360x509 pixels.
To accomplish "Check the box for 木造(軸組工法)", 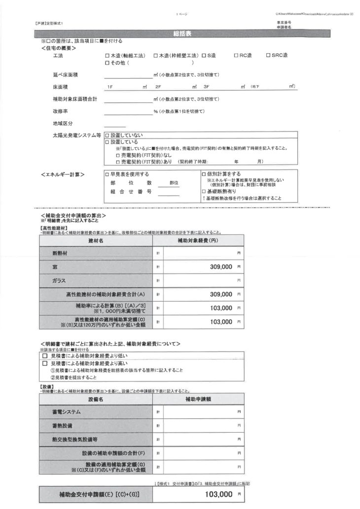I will tap(108, 56).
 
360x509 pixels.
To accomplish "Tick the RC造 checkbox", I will tap(236, 56).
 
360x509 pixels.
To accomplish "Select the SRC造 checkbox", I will tap(268, 56).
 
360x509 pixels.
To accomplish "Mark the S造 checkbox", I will tap(203, 56).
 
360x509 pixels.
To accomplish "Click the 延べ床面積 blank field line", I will tap(128, 75).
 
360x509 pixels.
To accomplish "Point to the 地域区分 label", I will tap(63, 123).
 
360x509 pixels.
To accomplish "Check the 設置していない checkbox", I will tap(108, 135).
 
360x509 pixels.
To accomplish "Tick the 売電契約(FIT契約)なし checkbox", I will tap(117, 155).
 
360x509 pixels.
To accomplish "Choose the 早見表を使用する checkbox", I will tap(108, 174).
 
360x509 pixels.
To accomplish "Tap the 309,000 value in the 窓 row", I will tap(217, 267).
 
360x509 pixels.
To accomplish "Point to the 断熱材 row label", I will tap(61, 253).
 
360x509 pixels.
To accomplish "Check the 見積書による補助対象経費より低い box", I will tap(45, 356).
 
